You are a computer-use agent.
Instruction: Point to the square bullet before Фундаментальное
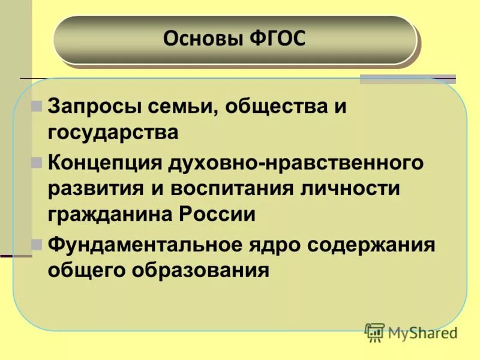[37, 245]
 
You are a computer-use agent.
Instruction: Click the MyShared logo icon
[374, 332]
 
